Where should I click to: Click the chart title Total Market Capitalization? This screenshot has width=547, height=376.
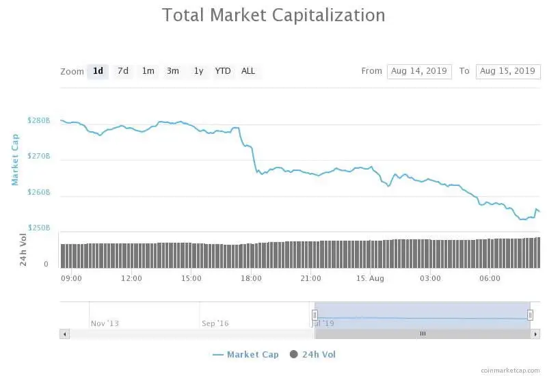(273, 15)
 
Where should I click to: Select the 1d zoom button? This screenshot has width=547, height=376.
(98, 71)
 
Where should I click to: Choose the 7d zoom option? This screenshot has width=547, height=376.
(123, 71)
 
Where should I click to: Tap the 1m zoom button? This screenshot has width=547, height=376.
(148, 71)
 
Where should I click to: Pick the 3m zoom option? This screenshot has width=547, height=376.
(173, 71)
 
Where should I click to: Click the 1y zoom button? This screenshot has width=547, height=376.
(198, 71)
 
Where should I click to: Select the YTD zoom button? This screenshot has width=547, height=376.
(223, 71)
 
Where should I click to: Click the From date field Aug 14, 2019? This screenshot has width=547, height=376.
(419, 71)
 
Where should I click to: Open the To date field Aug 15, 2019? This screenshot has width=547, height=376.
(507, 71)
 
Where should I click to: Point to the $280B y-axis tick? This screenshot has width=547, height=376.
(39, 121)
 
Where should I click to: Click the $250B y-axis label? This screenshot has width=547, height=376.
(39, 228)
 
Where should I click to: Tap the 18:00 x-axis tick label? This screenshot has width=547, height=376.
(252, 278)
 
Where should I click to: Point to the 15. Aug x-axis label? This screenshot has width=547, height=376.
(371, 278)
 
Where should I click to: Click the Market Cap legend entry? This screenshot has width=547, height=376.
(246, 354)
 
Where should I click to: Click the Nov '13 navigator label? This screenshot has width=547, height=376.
(105, 323)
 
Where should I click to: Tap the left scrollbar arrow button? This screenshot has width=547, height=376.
(65, 334)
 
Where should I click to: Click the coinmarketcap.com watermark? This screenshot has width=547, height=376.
(510, 370)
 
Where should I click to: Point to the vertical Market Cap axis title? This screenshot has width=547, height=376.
(16, 159)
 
